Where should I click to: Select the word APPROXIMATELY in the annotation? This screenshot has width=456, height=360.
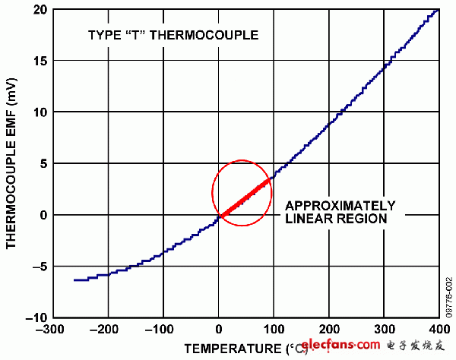click(x=340, y=205)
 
